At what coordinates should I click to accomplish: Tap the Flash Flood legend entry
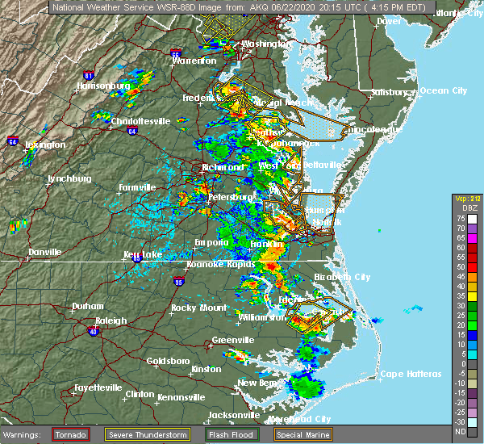pyautogui.click(x=232, y=434)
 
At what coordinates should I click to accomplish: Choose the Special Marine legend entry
pyautogui.click(x=306, y=434)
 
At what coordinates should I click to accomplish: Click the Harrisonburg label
pyautogui.click(x=103, y=86)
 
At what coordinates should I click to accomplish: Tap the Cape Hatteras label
pyautogui.click(x=411, y=374)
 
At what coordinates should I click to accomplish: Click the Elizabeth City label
pyautogui.click(x=341, y=277)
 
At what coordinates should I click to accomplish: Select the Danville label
pyautogui.click(x=44, y=252)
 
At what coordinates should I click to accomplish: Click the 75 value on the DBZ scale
pyautogui.click(x=460, y=219)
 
